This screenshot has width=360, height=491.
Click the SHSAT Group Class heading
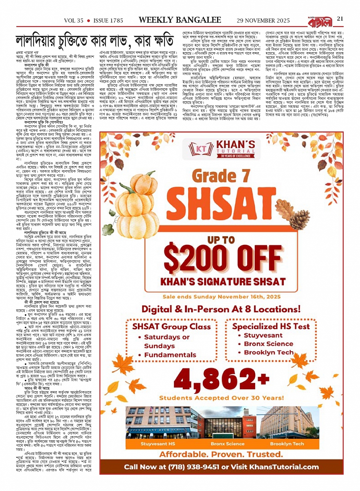pos(171,326)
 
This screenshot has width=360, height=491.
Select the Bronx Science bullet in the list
pos(268,344)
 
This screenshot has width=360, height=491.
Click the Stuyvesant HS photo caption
pos(158,444)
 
